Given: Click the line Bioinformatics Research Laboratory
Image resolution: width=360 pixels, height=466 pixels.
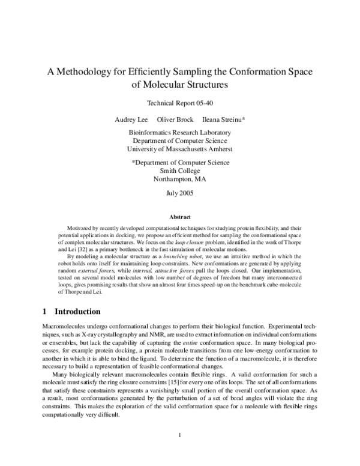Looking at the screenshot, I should pyautogui.click(x=180, y=132).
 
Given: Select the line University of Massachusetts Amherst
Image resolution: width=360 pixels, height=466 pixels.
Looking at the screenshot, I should pyautogui.click(x=180, y=149).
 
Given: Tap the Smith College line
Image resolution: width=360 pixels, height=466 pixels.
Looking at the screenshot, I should pyautogui.click(x=180, y=171).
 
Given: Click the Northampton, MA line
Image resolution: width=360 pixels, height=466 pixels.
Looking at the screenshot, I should pyautogui.click(x=180, y=179).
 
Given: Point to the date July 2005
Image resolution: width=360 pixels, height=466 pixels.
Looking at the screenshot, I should pyautogui.click(x=180, y=193).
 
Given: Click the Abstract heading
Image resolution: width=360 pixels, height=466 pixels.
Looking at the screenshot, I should pyautogui.click(x=180, y=216).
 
